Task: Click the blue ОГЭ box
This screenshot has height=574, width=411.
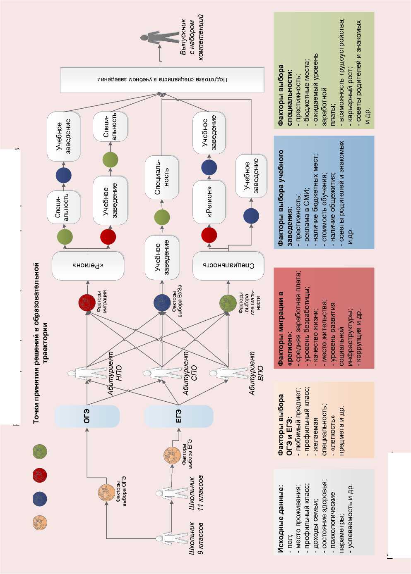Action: point(87,416)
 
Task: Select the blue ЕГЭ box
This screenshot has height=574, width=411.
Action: point(178,416)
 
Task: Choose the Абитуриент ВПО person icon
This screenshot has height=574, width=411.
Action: point(228,374)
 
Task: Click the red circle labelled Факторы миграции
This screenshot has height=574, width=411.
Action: point(87,303)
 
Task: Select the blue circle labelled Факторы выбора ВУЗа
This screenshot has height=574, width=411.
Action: point(162,303)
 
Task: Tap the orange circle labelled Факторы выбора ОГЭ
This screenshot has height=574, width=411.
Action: point(106,493)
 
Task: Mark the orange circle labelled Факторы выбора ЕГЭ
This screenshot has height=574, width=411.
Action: point(172,455)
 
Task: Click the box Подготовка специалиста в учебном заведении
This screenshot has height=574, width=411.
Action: point(162,79)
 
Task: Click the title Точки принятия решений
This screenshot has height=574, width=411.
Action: point(36,343)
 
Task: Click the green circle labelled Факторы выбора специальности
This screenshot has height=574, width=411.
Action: point(228,303)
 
